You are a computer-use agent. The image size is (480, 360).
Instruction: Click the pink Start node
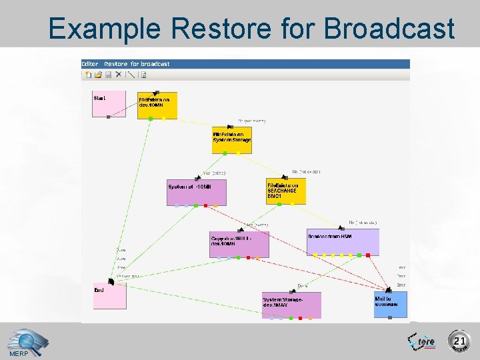109,103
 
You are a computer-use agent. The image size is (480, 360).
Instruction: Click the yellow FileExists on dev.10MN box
157,105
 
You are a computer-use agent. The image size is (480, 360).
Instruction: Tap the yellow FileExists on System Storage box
232,140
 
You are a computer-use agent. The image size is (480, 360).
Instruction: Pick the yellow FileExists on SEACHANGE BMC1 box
286,191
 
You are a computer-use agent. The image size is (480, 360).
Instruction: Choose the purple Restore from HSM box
343,242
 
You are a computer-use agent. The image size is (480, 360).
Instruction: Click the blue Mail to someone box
390,304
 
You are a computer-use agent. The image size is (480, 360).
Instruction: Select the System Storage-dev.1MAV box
291,305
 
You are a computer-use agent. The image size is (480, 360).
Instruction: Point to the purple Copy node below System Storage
239,244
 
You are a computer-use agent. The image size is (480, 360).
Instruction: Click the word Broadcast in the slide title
390,29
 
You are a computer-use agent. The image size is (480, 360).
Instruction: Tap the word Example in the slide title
105,29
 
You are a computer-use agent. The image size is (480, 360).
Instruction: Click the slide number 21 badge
459,341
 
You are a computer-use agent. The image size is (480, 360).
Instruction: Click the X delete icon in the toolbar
118,75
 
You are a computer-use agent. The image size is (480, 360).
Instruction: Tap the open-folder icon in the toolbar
98,75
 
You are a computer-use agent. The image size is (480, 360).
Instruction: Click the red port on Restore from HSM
367,255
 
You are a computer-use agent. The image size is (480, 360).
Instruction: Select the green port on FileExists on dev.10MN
151,119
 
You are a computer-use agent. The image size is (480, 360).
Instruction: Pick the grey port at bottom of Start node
108,117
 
